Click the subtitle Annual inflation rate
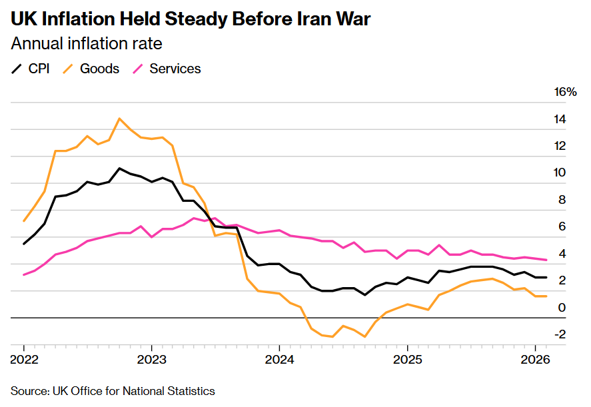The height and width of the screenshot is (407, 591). point(87,44)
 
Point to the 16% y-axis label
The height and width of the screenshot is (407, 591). point(565,92)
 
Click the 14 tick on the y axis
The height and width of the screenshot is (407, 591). point(560,119)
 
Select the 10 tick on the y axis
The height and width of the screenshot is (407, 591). point(560,173)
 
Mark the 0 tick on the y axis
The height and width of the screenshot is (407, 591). point(563,307)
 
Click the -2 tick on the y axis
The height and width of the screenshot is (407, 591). point(560,334)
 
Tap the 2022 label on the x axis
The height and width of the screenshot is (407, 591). point(24,360)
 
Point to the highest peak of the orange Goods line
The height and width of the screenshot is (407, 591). point(119,119)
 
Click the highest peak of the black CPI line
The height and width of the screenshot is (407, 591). point(119,168)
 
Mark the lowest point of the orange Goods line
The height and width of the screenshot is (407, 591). point(364,337)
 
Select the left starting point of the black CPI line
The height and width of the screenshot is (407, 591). point(24,244)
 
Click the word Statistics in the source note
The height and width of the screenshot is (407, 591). point(192,391)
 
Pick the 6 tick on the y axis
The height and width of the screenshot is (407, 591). point(563,226)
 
